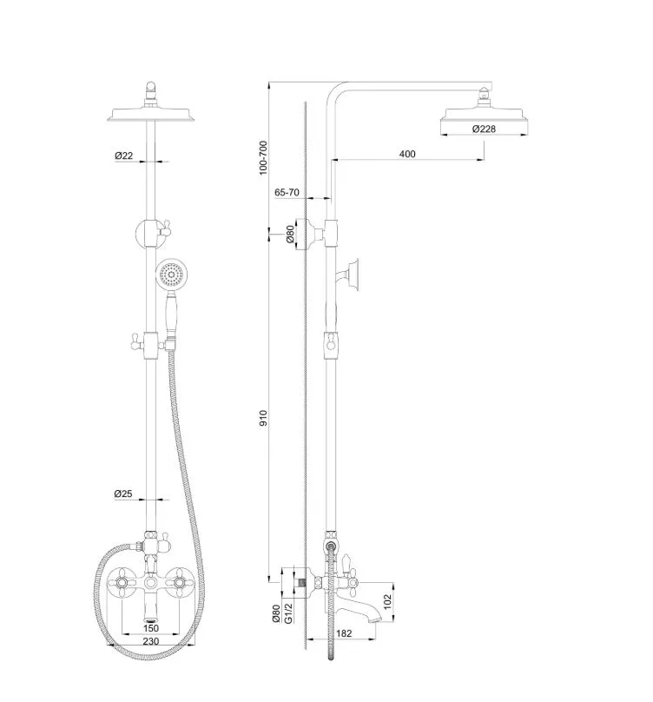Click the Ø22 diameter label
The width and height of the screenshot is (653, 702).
[x=123, y=156]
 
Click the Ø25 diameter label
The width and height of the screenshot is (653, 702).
[x=123, y=493]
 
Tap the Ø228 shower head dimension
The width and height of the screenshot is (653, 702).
[x=484, y=129]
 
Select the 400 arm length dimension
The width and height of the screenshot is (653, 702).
[x=407, y=154]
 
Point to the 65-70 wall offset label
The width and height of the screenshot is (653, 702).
[x=287, y=192]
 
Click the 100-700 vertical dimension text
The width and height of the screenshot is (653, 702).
[x=263, y=157]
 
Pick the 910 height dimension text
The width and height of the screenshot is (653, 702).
[x=263, y=417]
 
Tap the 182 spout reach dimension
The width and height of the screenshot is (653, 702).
[x=344, y=633]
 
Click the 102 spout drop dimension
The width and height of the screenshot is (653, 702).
[x=387, y=601]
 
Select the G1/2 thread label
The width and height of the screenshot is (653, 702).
[x=288, y=613]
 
